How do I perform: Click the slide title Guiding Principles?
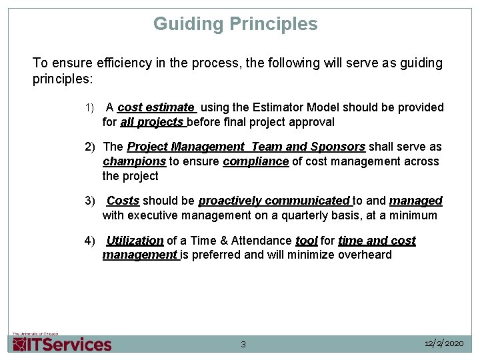(235, 24)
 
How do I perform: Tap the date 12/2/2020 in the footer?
(444, 343)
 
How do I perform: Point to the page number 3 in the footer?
(243, 345)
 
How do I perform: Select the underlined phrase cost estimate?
(156, 107)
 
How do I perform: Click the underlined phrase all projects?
(152, 122)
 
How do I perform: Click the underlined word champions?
(134, 161)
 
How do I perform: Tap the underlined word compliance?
(256, 161)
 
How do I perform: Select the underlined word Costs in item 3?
(123, 201)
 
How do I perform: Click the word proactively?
(230, 201)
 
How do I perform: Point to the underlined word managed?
(416, 201)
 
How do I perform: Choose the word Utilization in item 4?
(135, 241)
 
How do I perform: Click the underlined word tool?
(307, 241)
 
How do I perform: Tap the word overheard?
(365, 255)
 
